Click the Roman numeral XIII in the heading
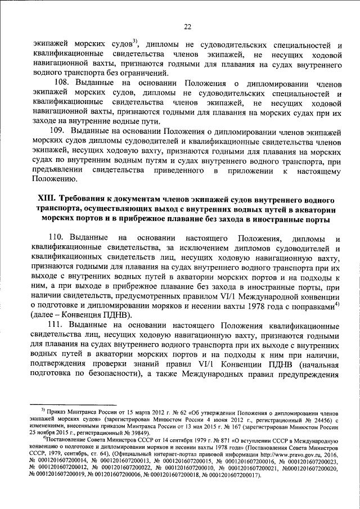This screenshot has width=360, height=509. [x=48, y=200]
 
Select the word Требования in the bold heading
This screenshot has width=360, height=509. [x=85, y=200]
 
